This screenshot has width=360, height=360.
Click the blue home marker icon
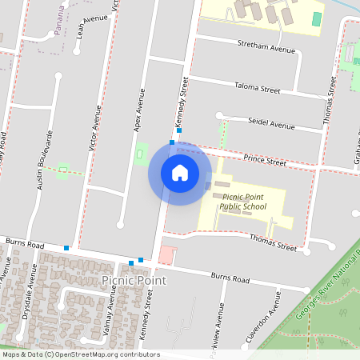coord(179,172)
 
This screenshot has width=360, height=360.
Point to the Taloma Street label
coord(257,88)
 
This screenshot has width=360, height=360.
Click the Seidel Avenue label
coord(271,125)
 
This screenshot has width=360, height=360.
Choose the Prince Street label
coord(265,161)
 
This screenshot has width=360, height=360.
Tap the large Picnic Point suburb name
coord(134,280)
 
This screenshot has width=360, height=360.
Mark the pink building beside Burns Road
coord(166,255)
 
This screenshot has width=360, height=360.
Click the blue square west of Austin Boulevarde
coord(66,248)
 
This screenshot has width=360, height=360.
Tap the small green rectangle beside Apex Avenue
coord(142,150)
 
